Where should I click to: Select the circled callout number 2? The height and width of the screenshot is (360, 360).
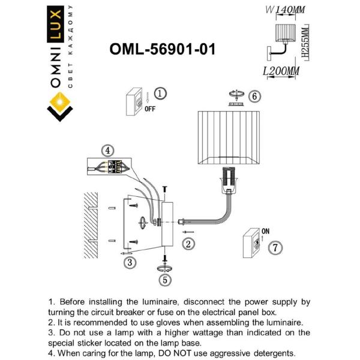(x=188, y=243)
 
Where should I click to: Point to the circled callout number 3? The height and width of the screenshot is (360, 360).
(x=128, y=262)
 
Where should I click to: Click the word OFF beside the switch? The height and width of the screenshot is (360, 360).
(x=150, y=109)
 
